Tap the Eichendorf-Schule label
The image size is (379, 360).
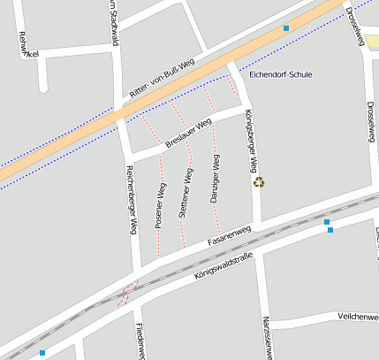click(x=281, y=74)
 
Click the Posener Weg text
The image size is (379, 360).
click(x=161, y=206)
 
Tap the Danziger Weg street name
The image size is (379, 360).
click(x=215, y=180)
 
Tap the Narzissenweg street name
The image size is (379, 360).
click(x=265, y=337)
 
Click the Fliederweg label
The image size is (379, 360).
click(x=140, y=341)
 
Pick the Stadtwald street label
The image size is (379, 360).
click(x=112, y=18)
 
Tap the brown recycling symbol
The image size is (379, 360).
click(x=259, y=182)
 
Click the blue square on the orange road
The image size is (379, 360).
click(x=286, y=29)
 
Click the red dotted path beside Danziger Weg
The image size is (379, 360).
click(x=216, y=212)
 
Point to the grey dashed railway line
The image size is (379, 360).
click(x=265, y=228)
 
